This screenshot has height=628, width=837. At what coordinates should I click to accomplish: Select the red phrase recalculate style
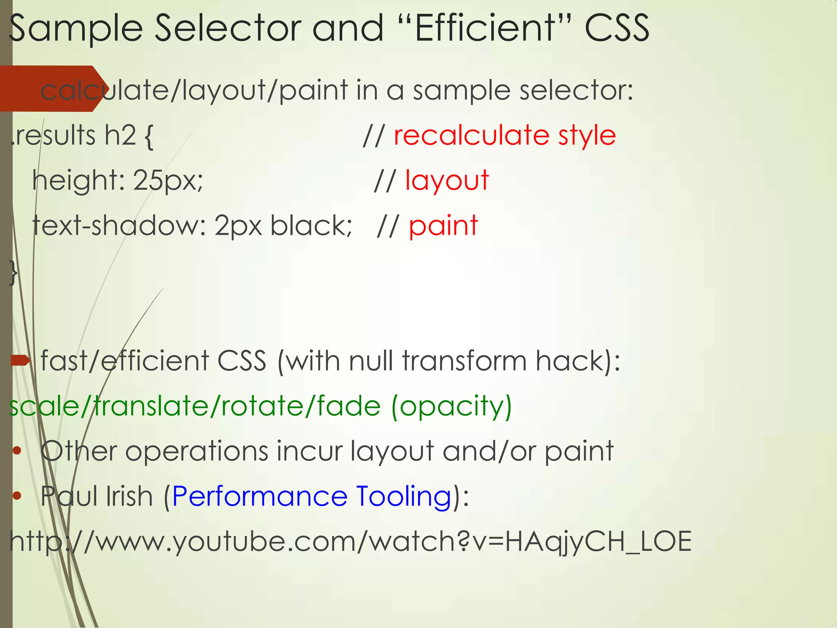click(504, 135)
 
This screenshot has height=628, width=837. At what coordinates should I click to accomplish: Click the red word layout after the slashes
click(447, 180)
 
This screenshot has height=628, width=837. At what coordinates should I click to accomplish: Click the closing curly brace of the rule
click(13, 272)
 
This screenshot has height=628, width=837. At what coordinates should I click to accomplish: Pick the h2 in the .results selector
click(120, 135)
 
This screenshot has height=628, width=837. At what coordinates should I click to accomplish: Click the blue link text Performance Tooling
click(311, 496)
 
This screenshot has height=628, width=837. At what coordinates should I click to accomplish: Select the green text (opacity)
click(451, 406)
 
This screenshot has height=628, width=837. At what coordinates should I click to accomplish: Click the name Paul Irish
click(96, 496)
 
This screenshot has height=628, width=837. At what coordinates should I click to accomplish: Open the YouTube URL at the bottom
click(350, 541)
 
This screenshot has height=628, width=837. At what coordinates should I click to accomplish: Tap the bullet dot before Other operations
click(17, 451)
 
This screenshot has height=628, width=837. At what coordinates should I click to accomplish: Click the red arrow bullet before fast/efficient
click(20, 360)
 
